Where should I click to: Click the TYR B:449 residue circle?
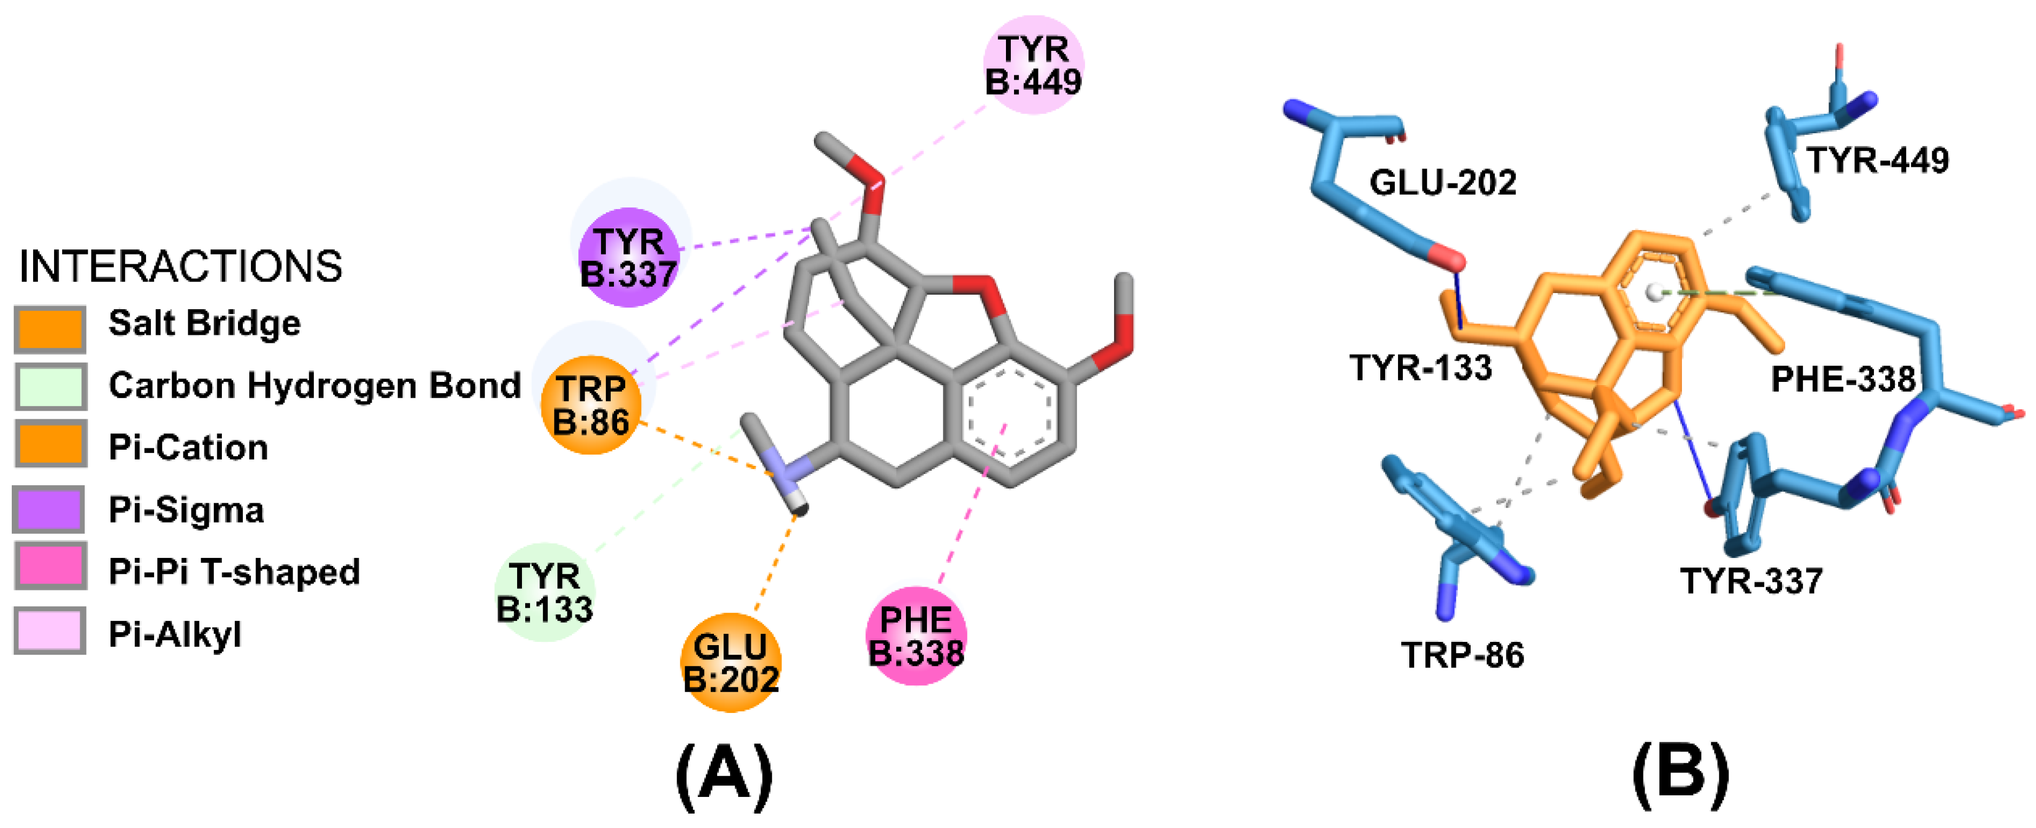[1033, 65]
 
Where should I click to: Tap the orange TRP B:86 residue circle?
[590, 405]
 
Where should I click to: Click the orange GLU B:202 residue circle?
[731, 663]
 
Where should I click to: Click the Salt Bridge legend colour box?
[50, 329]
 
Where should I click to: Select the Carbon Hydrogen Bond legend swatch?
[50, 386]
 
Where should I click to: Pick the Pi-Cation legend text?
[188, 448]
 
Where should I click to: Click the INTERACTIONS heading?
[180, 266]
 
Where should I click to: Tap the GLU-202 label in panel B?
[1442, 183]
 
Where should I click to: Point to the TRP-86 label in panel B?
[1462, 655]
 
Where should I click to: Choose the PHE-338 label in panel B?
[1843, 380]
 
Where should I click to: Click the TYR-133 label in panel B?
[1420, 368]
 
